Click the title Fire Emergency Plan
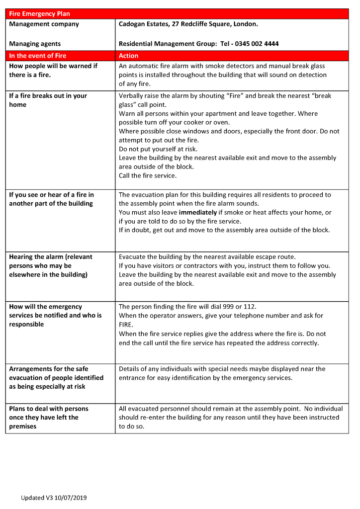(x=39, y=14)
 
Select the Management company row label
(x=44, y=24)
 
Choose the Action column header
(x=129, y=56)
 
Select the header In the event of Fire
(x=37, y=56)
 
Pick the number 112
(x=249, y=307)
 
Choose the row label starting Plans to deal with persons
(x=48, y=417)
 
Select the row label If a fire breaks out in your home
(x=48, y=100)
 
